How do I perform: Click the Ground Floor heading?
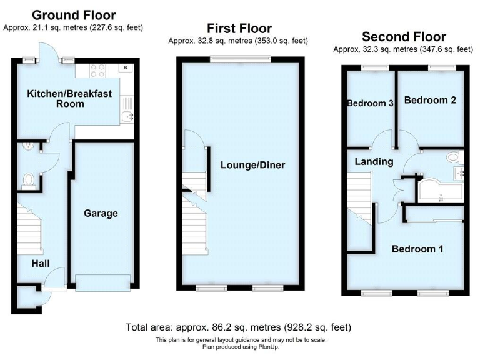coord(73,15)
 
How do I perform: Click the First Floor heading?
coord(239,28)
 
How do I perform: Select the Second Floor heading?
coord(404,36)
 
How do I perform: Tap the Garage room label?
coord(101,213)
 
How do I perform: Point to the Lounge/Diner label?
coord(252,165)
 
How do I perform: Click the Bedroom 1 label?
coord(417,249)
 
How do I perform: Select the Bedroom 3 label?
coord(370,104)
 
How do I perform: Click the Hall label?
coord(41,263)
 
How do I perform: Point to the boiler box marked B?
coord(125,67)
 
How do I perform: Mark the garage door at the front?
coord(103,282)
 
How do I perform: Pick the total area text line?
coord(239,327)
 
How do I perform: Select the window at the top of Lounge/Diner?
coord(240,59)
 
